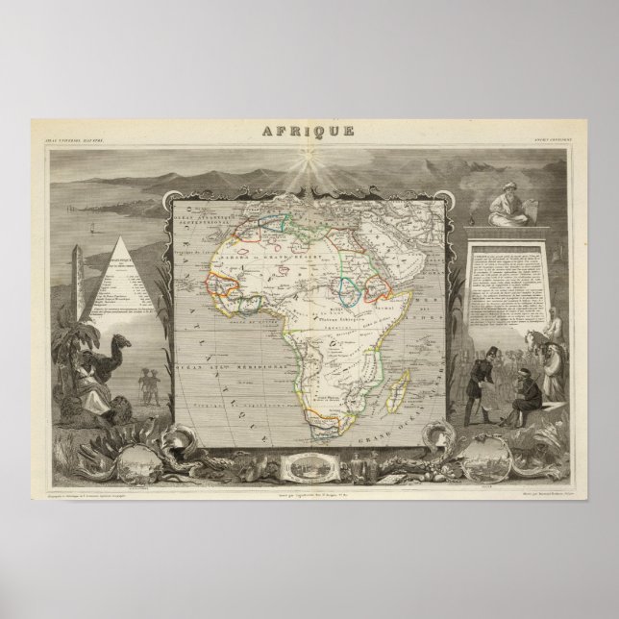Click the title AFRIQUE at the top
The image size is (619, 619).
point(309,131)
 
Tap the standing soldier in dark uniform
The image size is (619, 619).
point(477,378)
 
